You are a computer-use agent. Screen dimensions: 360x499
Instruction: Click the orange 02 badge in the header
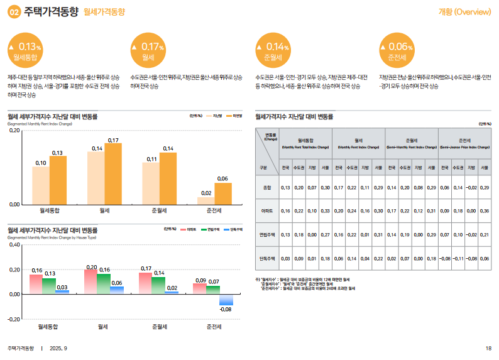pyautogui.click(x=14, y=12)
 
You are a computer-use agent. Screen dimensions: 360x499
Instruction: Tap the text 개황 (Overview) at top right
pyautogui.click(x=464, y=12)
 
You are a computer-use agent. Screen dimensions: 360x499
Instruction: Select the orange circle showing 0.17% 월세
pyautogui.click(x=148, y=51)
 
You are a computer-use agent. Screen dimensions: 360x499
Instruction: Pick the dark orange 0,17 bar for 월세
pyautogui.click(x=113, y=173)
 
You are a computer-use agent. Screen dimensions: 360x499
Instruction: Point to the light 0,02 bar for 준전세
pyautogui.click(x=206, y=200)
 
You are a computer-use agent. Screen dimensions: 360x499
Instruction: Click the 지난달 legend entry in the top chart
pyautogui.click(x=216, y=116)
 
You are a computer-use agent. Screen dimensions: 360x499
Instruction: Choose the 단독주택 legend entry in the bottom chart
pyautogui.click(x=234, y=230)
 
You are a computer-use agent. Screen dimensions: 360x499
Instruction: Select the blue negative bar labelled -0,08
pyautogui.click(x=226, y=300)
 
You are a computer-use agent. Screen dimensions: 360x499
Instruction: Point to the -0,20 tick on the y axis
pyautogui.click(x=14, y=319)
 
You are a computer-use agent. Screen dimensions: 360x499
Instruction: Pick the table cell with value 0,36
pyautogui.click(x=484, y=210)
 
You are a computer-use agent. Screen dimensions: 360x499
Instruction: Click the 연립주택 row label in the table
pyautogui.click(x=268, y=234)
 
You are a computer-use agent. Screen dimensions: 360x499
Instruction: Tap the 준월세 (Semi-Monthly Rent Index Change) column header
pyautogui.click(x=412, y=143)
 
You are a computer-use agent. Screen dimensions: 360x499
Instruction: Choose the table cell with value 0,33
pyautogui.click(x=325, y=210)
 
